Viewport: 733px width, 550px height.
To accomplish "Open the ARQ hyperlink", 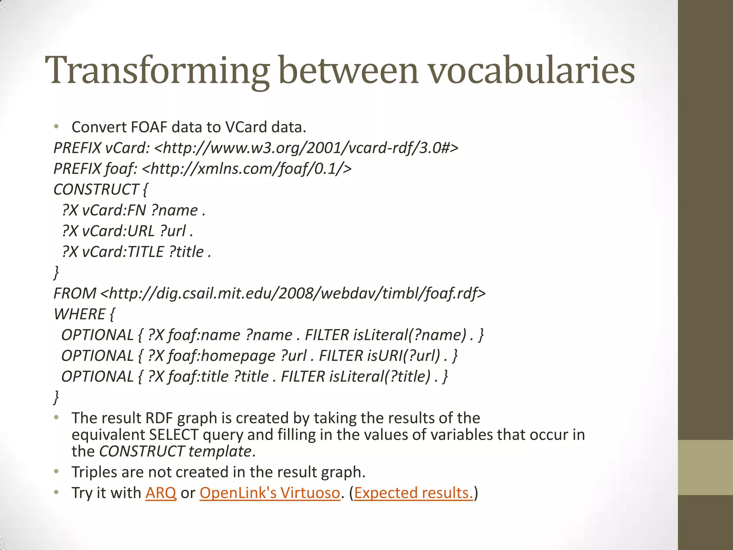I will coord(161,493).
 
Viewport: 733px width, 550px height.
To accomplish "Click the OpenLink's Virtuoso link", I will coord(270,493).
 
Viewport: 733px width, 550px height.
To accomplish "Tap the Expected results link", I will coord(413,493).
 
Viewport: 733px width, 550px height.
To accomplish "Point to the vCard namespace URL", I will coord(306,148).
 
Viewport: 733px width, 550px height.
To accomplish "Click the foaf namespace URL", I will coord(247,168).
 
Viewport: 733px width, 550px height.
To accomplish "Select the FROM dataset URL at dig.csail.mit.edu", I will coord(293,293).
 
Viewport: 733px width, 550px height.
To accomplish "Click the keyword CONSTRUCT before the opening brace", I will coord(96,189).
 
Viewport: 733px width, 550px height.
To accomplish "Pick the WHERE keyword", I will coord(79,314).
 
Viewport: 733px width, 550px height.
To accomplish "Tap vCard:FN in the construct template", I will coord(114,210).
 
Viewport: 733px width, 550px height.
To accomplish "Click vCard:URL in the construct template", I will coord(118,231).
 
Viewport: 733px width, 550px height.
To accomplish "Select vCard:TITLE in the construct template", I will coord(123,252).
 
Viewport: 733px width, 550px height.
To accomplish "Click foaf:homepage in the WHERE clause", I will coord(222,356).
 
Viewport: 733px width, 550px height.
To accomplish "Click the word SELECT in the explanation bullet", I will coord(174,435).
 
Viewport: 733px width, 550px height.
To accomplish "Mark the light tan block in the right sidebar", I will coord(705,467).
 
